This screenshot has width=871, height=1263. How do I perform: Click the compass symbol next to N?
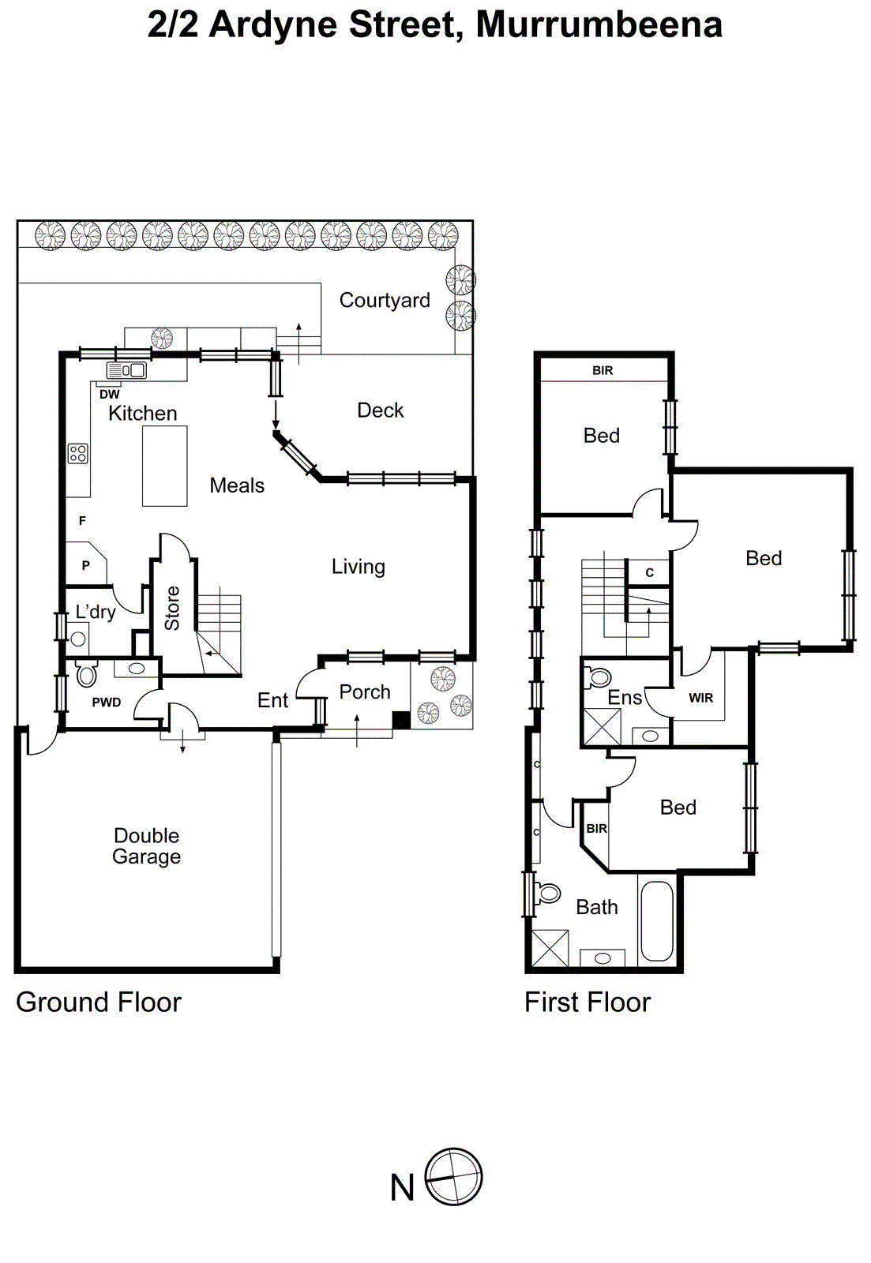click(x=453, y=1176)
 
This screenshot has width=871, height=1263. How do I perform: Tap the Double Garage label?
click(x=146, y=846)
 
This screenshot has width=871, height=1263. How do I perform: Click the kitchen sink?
click(x=126, y=370)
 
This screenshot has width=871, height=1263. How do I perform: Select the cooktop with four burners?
click(x=77, y=453)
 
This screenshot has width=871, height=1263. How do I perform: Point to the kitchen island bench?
click(x=164, y=466)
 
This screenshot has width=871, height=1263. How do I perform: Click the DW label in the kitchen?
click(x=109, y=394)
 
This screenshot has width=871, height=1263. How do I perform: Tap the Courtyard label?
click(x=385, y=300)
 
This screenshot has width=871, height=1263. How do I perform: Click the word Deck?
click(x=380, y=410)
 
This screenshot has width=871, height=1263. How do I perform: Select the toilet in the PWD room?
click(x=86, y=673)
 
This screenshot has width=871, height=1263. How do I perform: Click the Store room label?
click(x=172, y=608)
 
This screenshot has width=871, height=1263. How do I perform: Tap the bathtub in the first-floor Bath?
click(x=656, y=921)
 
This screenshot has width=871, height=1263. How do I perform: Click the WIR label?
click(x=700, y=698)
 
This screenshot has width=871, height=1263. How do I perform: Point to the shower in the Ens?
click(x=601, y=727)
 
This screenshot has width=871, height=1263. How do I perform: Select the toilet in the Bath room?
click(x=546, y=894)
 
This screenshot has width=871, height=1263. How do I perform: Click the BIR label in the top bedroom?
click(x=603, y=370)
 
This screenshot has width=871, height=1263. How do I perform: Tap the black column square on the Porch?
click(x=401, y=720)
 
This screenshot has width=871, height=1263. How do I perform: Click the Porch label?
click(x=364, y=692)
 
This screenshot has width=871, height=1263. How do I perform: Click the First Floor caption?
click(x=587, y=1003)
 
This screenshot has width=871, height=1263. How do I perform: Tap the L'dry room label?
click(x=96, y=612)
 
